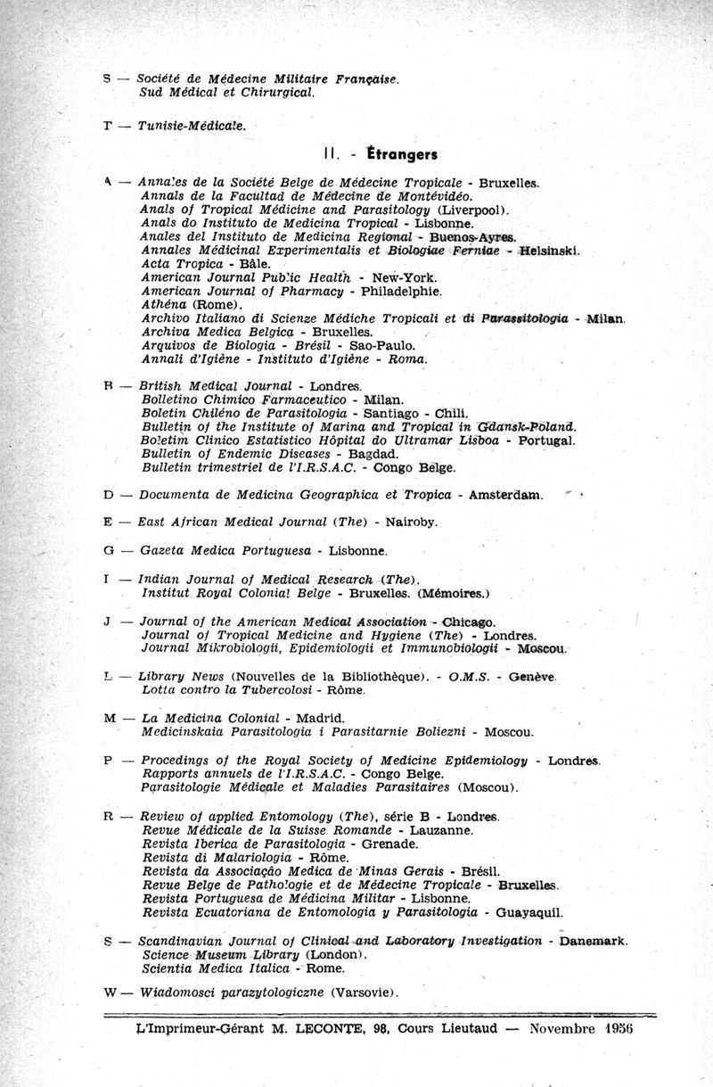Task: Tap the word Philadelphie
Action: pyautogui.click(x=401, y=291)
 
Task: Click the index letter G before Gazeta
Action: pyautogui.click(x=108, y=551)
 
